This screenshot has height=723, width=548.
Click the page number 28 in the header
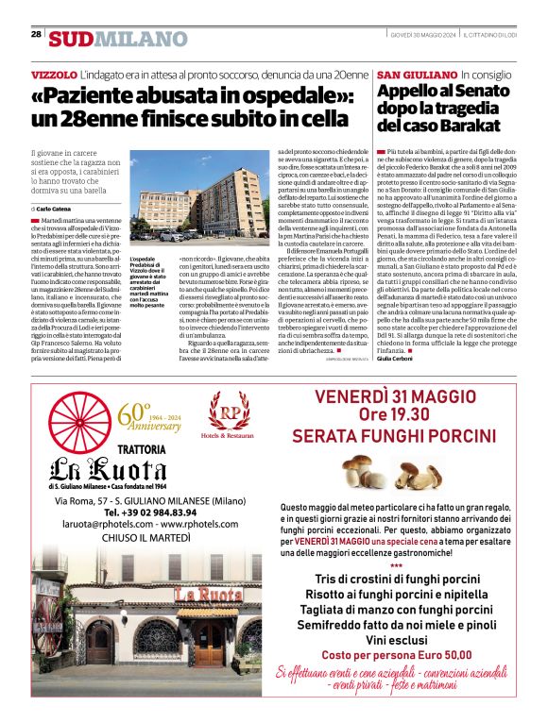click(x=36, y=34)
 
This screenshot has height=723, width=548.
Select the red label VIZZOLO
click(x=54, y=74)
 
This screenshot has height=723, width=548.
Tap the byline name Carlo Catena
click(x=57, y=207)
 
